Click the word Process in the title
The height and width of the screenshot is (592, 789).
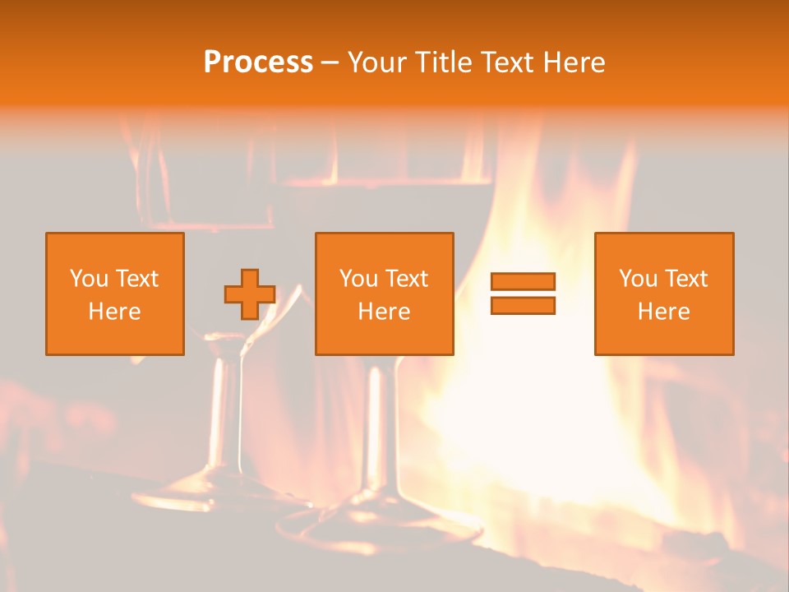tap(258, 62)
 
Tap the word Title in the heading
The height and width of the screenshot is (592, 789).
tap(443, 62)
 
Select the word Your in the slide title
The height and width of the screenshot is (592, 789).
tap(377, 62)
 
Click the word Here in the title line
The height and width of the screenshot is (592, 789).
tap(574, 62)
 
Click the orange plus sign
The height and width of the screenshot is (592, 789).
tap(250, 294)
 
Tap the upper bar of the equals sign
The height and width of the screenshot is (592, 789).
tap(523, 282)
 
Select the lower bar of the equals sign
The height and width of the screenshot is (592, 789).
tap(523, 306)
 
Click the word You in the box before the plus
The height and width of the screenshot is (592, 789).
tap(89, 279)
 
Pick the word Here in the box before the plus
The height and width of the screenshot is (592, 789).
tap(114, 312)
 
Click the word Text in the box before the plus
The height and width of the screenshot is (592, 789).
tap(136, 279)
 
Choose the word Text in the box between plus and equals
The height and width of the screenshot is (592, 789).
tap(406, 279)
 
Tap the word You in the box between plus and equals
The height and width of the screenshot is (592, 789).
tap(358, 279)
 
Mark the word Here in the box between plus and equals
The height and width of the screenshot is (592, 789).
tap(384, 312)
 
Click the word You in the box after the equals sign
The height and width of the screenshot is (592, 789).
tap(638, 279)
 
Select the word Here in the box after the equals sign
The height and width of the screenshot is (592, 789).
tap(663, 312)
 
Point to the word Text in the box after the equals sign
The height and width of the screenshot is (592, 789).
tap(685, 279)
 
